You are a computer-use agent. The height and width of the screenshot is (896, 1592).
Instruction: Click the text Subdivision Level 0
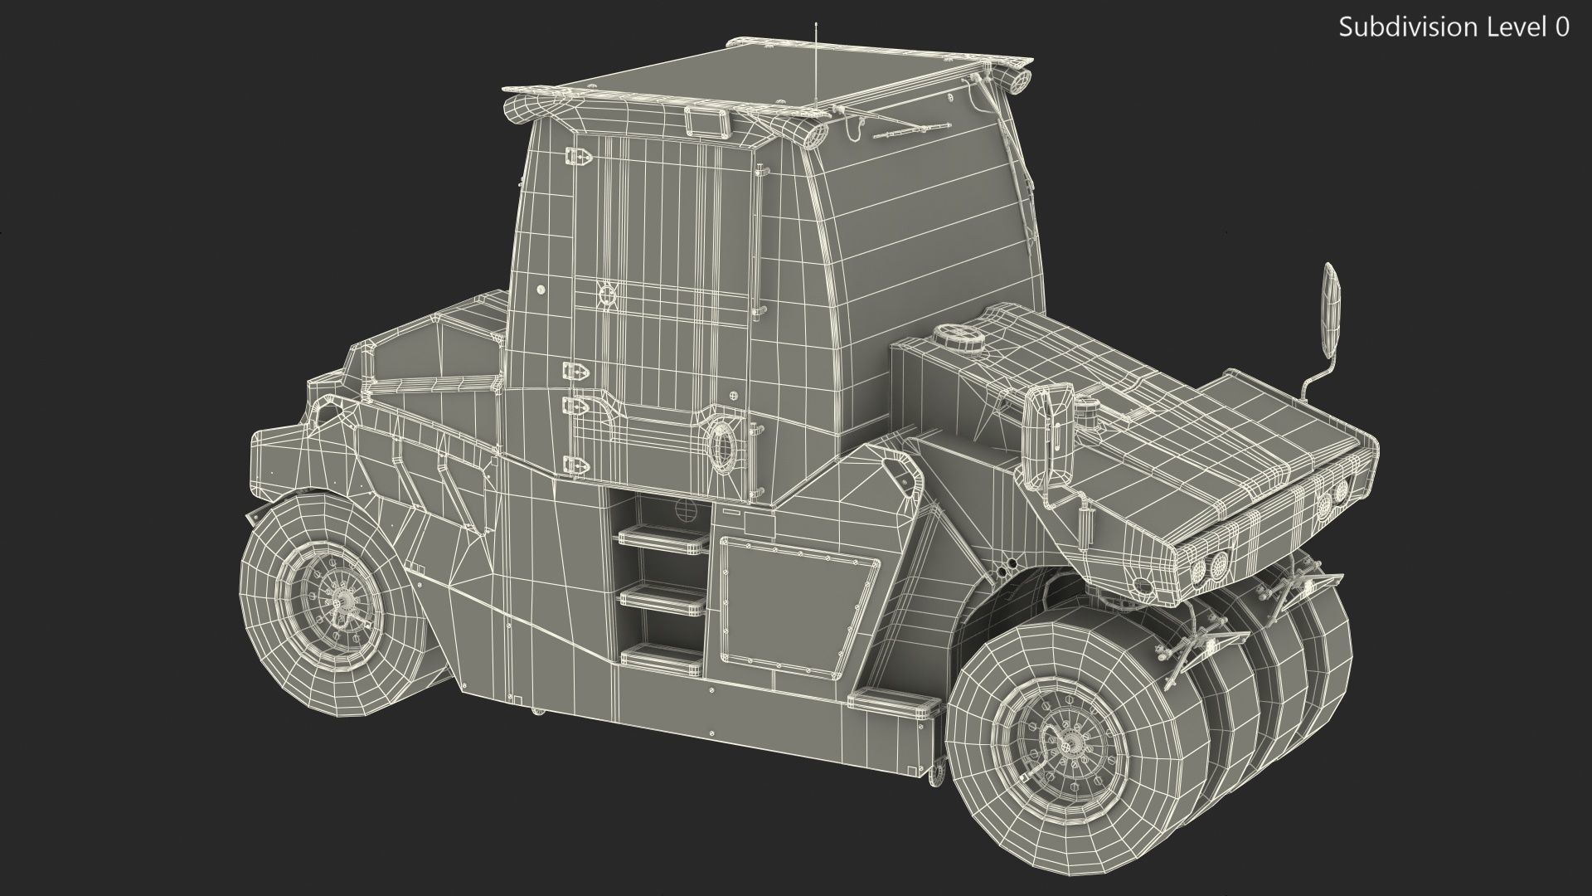pyautogui.click(x=1454, y=27)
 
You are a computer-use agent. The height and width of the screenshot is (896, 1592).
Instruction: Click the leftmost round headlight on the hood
pyautogui.click(x=1198, y=572)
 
